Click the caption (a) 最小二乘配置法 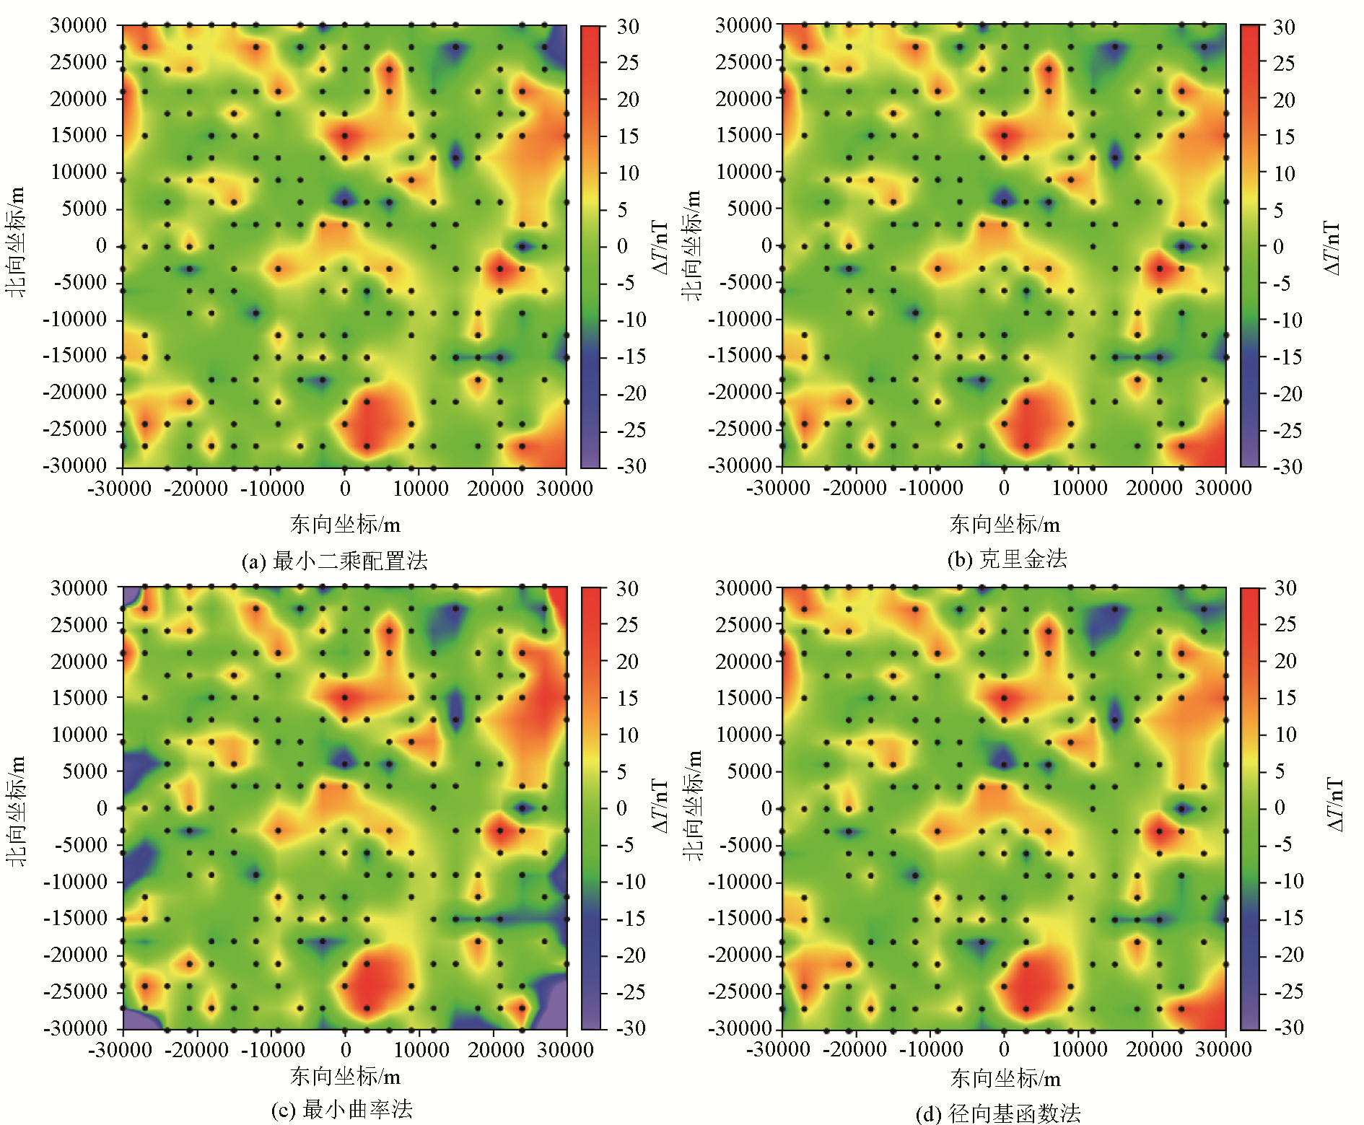click(x=335, y=561)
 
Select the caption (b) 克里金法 click(x=1007, y=559)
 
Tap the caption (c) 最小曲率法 click(x=342, y=1109)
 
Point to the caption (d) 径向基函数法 click(x=999, y=1113)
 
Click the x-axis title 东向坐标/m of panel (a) click(x=345, y=524)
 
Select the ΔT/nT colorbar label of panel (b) click(x=1332, y=247)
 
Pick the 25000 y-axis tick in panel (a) click(x=78, y=62)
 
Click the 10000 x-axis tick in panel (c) click(x=421, y=1050)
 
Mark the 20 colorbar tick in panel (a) click(x=627, y=100)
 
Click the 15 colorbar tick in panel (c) click(x=627, y=699)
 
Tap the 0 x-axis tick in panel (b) click(x=1004, y=489)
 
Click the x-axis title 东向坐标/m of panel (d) click(x=1005, y=1079)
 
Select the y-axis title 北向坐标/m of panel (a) click(x=16, y=242)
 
